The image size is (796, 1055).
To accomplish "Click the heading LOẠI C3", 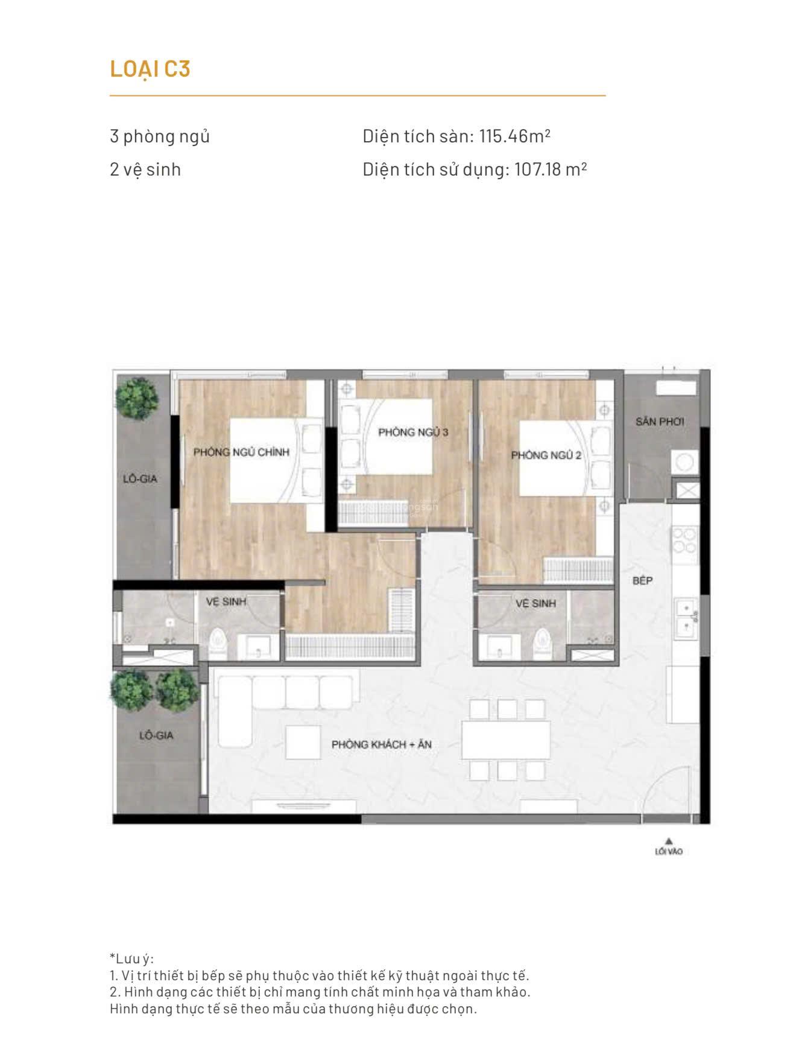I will [150, 69].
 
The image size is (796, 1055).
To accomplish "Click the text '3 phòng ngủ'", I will [159, 136].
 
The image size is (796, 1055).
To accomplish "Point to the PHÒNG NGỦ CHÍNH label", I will [241, 452].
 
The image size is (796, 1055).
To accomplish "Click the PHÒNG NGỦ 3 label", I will [413, 432].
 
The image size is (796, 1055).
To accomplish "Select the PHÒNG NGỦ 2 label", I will [546, 455].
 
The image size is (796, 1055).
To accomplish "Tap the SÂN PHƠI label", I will [659, 422].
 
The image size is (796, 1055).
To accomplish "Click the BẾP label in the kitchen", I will [642, 581].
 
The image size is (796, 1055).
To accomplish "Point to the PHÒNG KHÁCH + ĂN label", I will [381, 744].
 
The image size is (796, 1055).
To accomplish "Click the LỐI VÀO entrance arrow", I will [668, 840].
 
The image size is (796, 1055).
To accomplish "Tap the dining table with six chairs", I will [505, 740].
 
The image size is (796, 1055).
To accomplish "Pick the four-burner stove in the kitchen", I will [685, 540].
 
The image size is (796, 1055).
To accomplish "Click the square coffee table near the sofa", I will [303, 741].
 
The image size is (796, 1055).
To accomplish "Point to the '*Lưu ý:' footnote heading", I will [132, 958].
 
